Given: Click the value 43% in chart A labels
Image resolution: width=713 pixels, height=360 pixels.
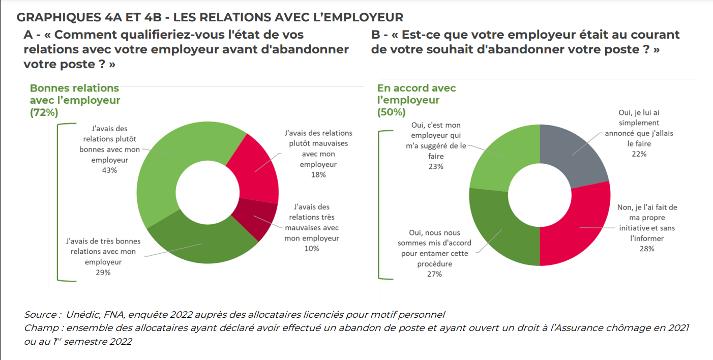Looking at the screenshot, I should click(109, 170).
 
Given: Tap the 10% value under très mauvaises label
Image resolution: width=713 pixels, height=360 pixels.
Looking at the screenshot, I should click(312, 248).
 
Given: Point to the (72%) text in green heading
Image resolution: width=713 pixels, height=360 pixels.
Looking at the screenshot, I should click(44, 112).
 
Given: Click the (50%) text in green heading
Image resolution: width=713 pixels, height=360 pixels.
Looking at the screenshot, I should click(391, 112).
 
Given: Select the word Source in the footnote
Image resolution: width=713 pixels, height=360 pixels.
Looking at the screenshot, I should click(40, 314).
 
